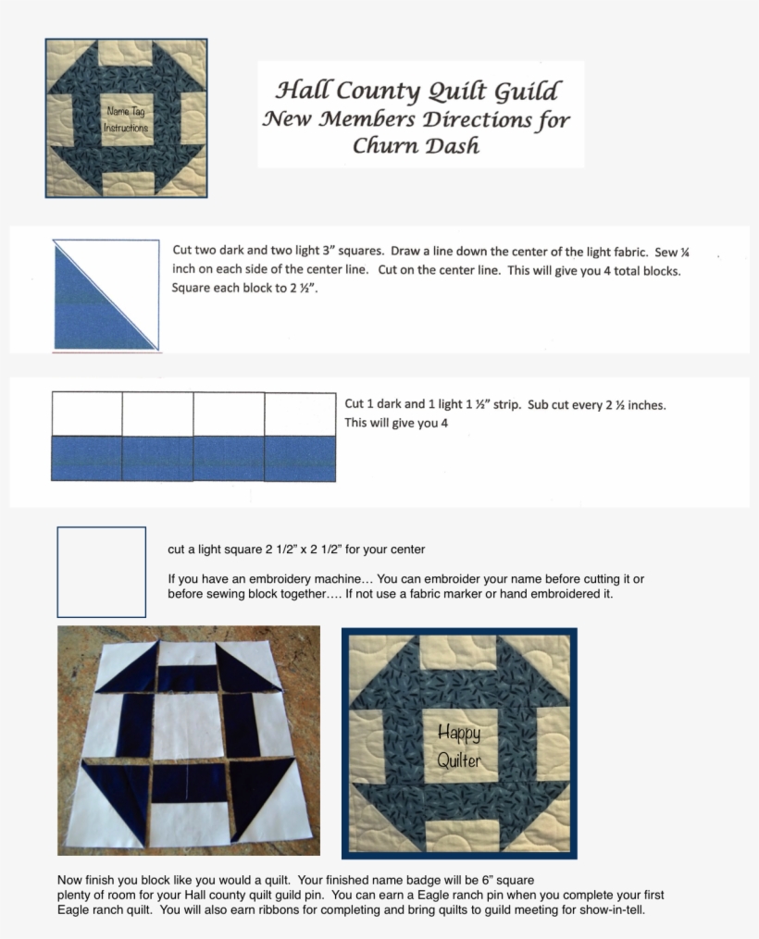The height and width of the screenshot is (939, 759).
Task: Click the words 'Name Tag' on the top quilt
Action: [126, 111]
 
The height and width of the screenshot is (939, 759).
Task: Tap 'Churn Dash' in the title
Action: [416, 145]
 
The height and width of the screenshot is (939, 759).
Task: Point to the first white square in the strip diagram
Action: [87, 414]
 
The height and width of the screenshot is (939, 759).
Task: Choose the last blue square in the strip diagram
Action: [300, 458]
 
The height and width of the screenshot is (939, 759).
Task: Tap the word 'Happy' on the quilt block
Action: [459, 733]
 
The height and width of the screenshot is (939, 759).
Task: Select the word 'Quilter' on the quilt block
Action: [459, 760]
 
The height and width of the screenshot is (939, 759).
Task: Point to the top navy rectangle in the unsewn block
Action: [188, 678]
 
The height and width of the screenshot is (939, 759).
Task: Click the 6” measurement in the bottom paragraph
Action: [487, 880]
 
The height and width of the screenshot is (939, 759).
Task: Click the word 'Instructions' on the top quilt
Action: [126, 128]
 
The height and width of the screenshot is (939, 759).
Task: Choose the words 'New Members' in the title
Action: [339, 118]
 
